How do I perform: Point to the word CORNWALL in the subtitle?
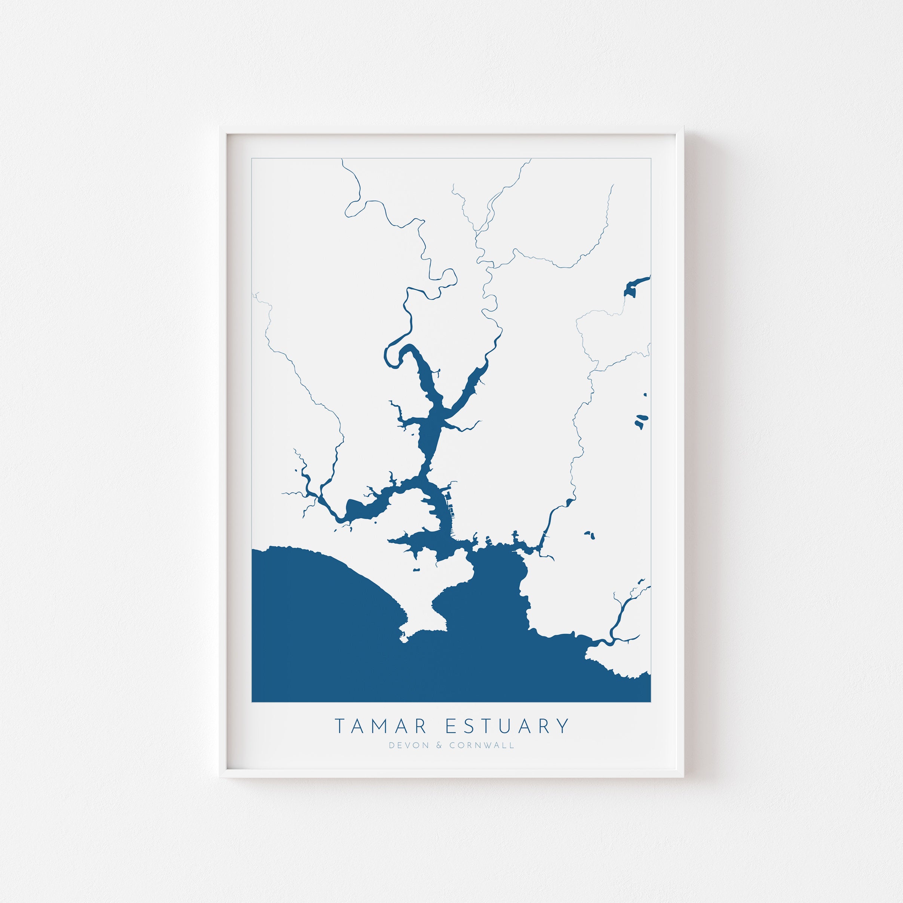pyautogui.click(x=482, y=746)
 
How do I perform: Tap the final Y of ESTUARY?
pyautogui.click(x=564, y=726)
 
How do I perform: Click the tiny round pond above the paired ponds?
pyautogui.click(x=645, y=394)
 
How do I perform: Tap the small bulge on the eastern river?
pyautogui.click(x=568, y=502)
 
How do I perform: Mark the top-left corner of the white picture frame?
pyautogui.click(x=221, y=128)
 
